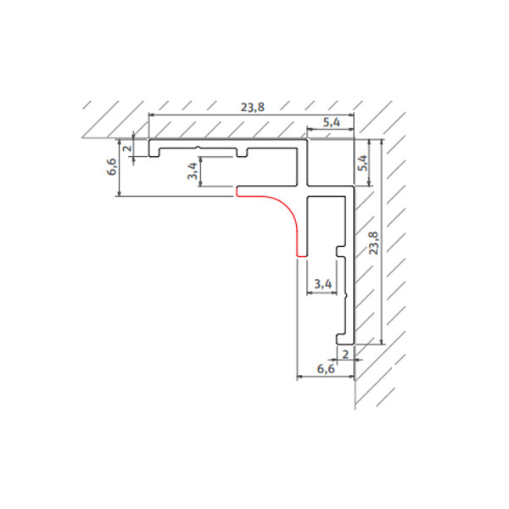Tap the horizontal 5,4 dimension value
(x=331, y=123)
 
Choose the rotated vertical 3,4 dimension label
(x=191, y=171)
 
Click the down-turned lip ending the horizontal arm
(x=154, y=148)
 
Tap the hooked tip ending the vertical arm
(x=345, y=338)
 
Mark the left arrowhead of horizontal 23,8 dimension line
(x=152, y=115)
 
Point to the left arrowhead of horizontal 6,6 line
(x=299, y=377)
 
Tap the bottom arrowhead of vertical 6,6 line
(x=120, y=193)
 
